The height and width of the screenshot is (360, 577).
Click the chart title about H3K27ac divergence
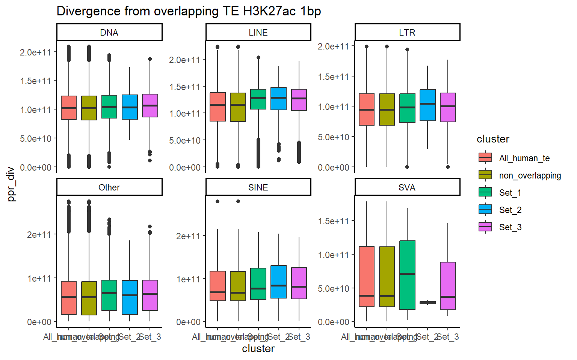click(189, 11)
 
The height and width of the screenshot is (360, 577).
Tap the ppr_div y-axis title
click(11, 184)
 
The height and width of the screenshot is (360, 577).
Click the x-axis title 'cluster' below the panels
click(258, 349)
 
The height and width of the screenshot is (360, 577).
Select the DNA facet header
click(109, 33)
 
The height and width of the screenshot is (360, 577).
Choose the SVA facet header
click(407, 187)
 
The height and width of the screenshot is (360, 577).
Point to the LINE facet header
click(258, 33)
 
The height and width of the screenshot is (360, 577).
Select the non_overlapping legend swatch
click(485, 175)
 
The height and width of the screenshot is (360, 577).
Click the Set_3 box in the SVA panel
click(448, 286)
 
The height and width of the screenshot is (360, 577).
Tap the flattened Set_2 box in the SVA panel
click(427, 303)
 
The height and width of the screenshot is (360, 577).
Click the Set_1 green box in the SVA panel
click(407, 275)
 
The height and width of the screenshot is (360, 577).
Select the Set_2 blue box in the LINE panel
click(278, 99)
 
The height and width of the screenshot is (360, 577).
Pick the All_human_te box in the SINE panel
click(218, 286)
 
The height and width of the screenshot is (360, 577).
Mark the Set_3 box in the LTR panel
click(448, 107)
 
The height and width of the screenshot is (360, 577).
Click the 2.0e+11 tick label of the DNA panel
click(35, 52)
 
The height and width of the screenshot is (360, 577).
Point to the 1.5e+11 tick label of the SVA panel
click(334, 221)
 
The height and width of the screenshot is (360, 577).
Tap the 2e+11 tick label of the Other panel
click(39, 235)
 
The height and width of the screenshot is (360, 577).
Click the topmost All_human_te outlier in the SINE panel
click(218, 201)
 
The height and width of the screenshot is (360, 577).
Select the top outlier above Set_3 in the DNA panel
click(150, 59)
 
